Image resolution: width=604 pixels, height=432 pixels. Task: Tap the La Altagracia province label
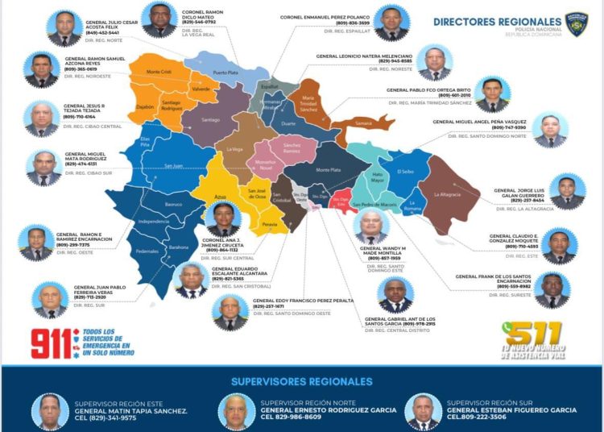point(446,194)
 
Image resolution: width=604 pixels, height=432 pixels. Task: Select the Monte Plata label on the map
point(328,170)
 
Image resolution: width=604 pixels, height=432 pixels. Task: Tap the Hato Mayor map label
point(376,177)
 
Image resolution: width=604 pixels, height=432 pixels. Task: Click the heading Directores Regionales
point(497,22)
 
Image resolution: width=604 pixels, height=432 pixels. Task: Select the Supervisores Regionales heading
point(302,381)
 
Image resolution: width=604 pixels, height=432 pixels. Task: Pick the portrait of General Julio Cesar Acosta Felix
point(63,28)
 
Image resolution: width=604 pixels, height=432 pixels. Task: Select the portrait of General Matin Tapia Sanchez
point(50,411)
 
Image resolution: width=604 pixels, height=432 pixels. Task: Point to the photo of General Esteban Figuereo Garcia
point(423,411)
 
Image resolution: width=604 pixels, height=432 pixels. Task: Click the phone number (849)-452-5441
point(103,34)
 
